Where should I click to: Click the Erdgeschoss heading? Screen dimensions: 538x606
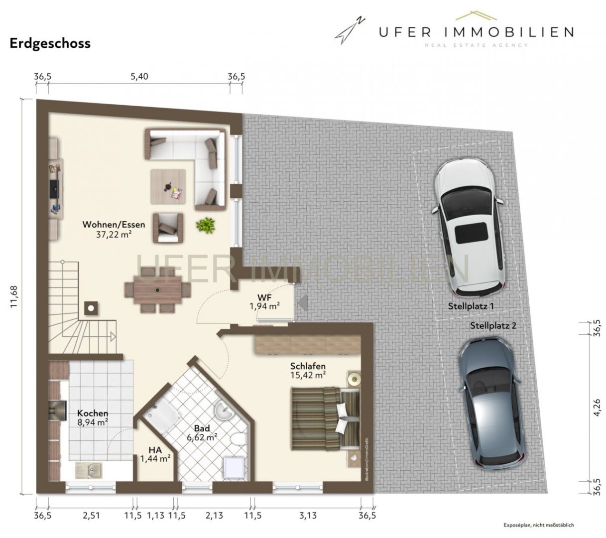click(x=50, y=43)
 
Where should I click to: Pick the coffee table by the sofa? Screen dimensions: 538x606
click(x=168, y=186)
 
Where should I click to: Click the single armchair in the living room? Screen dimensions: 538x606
click(x=168, y=227)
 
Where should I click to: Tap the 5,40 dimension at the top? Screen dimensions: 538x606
click(x=139, y=77)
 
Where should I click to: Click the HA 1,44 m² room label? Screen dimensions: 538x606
click(x=155, y=454)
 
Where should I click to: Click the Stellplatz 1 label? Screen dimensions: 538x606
click(x=471, y=306)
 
